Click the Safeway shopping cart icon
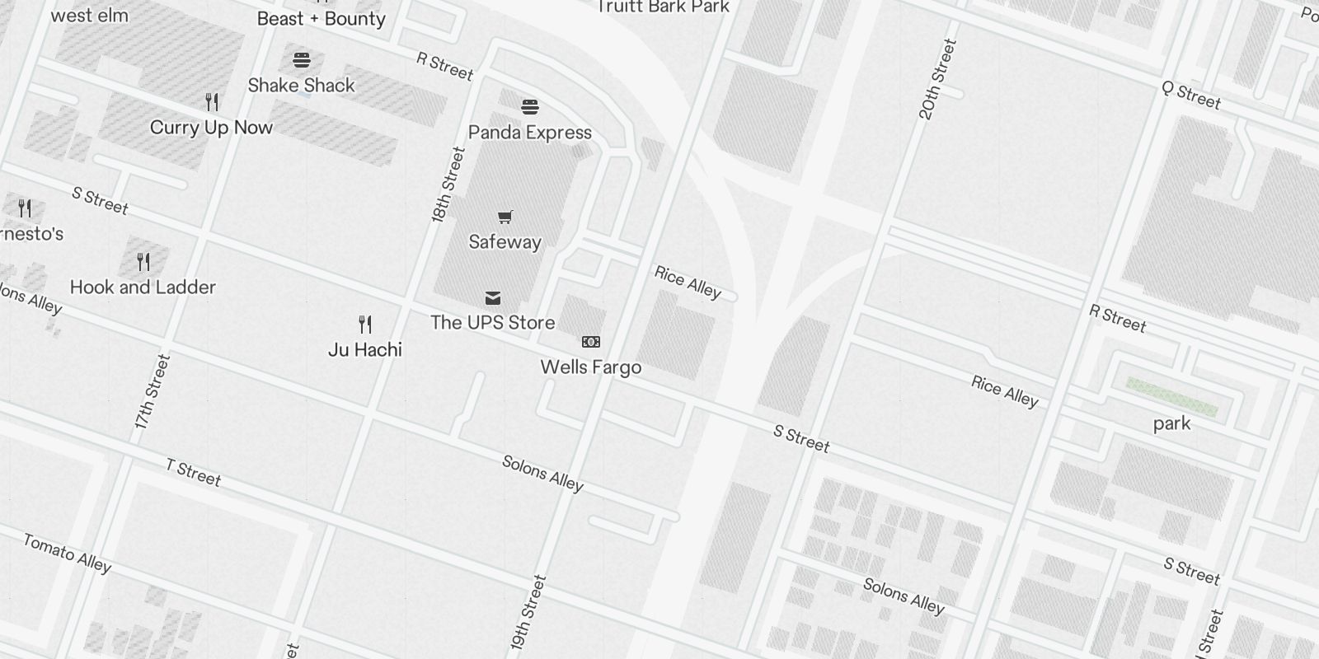pos(505,217)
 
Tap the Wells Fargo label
pos(590,367)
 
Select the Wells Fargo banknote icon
pos(591,342)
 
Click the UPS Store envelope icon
pos(493,297)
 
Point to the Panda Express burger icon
pos(530,107)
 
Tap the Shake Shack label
pos(301,86)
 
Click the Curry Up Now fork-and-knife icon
pos(212,102)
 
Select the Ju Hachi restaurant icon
pos(365,324)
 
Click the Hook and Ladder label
pos(143,287)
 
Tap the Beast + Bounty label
pos(321,19)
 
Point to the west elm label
pos(89,15)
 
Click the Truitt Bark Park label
pos(664,7)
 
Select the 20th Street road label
pos(938,80)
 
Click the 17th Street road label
pos(153,392)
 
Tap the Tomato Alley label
pos(67,553)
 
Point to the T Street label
pos(193,473)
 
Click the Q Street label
pos(1190,96)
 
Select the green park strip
pos(1171,396)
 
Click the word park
pos(1171,423)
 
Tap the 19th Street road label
pos(528,614)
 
